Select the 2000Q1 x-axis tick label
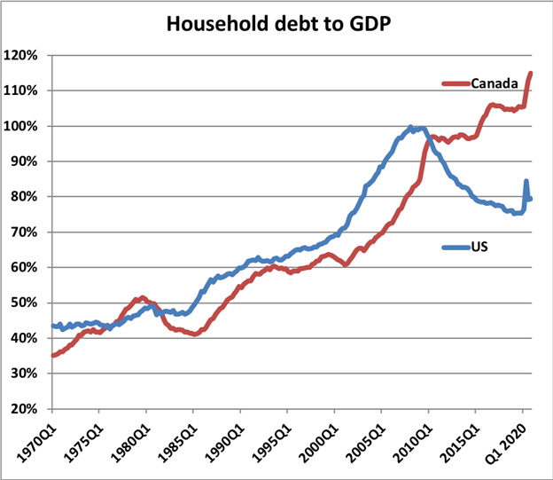point(315,438)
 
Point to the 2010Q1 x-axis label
point(409,438)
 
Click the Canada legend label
point(495,83)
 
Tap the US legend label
point(479,247)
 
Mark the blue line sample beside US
point(456,247)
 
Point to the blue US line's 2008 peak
point(410,128)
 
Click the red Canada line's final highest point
point(530,74)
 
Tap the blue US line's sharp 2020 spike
point(526,182)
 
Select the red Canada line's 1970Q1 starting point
point(53,355)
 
